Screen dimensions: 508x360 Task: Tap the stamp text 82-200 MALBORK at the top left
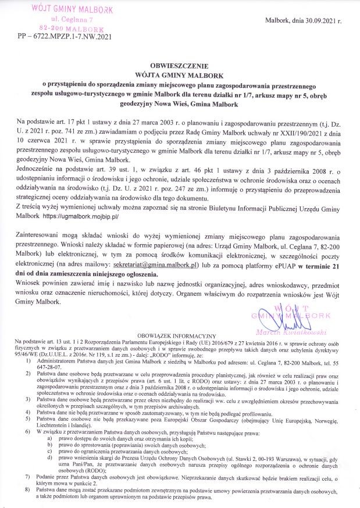point(69,28)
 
